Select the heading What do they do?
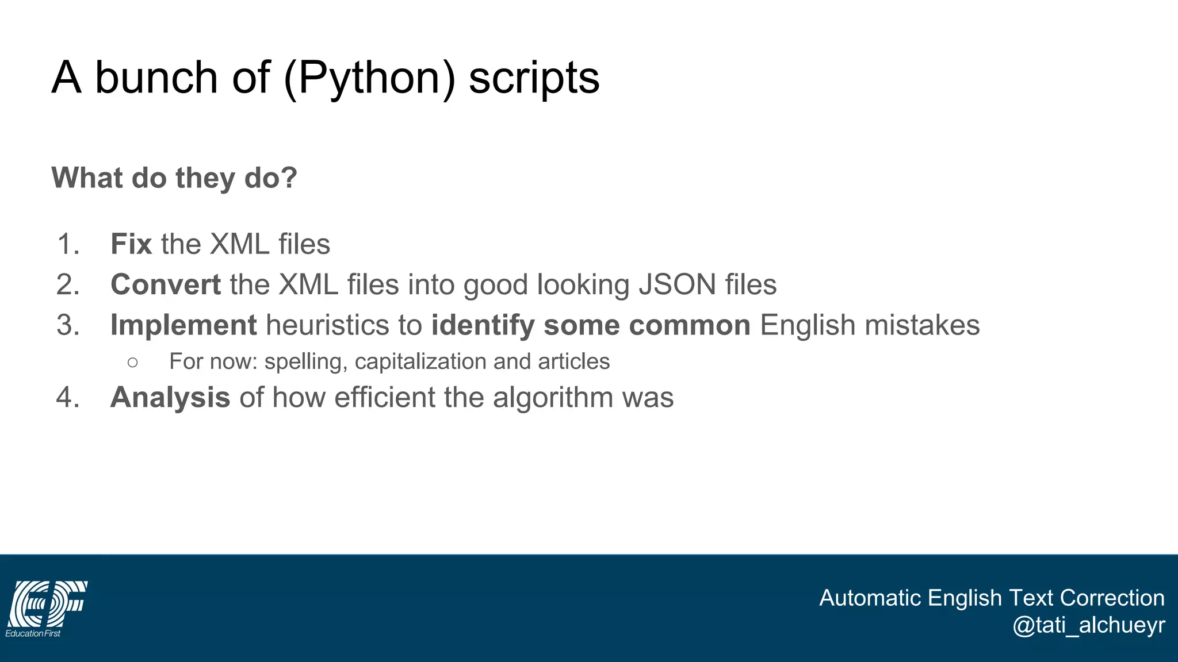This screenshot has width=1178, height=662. [174, 178]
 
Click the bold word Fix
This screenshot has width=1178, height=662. [131, 244]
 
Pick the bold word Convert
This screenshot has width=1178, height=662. [166, 284]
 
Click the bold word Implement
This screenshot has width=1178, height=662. [183, 325]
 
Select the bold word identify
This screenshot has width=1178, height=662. [483, 325]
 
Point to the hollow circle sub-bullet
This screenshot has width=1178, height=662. [133, 362]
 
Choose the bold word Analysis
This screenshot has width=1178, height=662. [170, 397]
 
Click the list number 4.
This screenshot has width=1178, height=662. [67, 397]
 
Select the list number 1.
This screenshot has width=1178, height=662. [67, 244]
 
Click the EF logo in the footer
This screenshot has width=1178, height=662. [48, 603]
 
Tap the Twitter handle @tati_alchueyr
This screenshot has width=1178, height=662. [1088, 625]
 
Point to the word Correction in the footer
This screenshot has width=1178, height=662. [1112, 598]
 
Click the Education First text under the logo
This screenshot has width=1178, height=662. [33, 633]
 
